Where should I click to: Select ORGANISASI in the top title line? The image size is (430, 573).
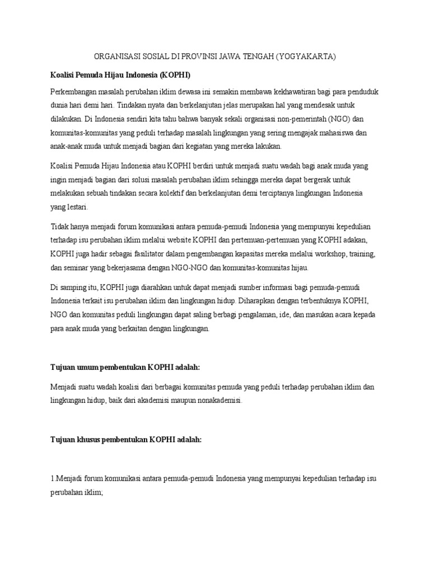point(115,57)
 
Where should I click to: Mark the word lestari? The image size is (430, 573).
point(72,206)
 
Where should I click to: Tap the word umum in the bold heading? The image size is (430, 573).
point(84,367)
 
